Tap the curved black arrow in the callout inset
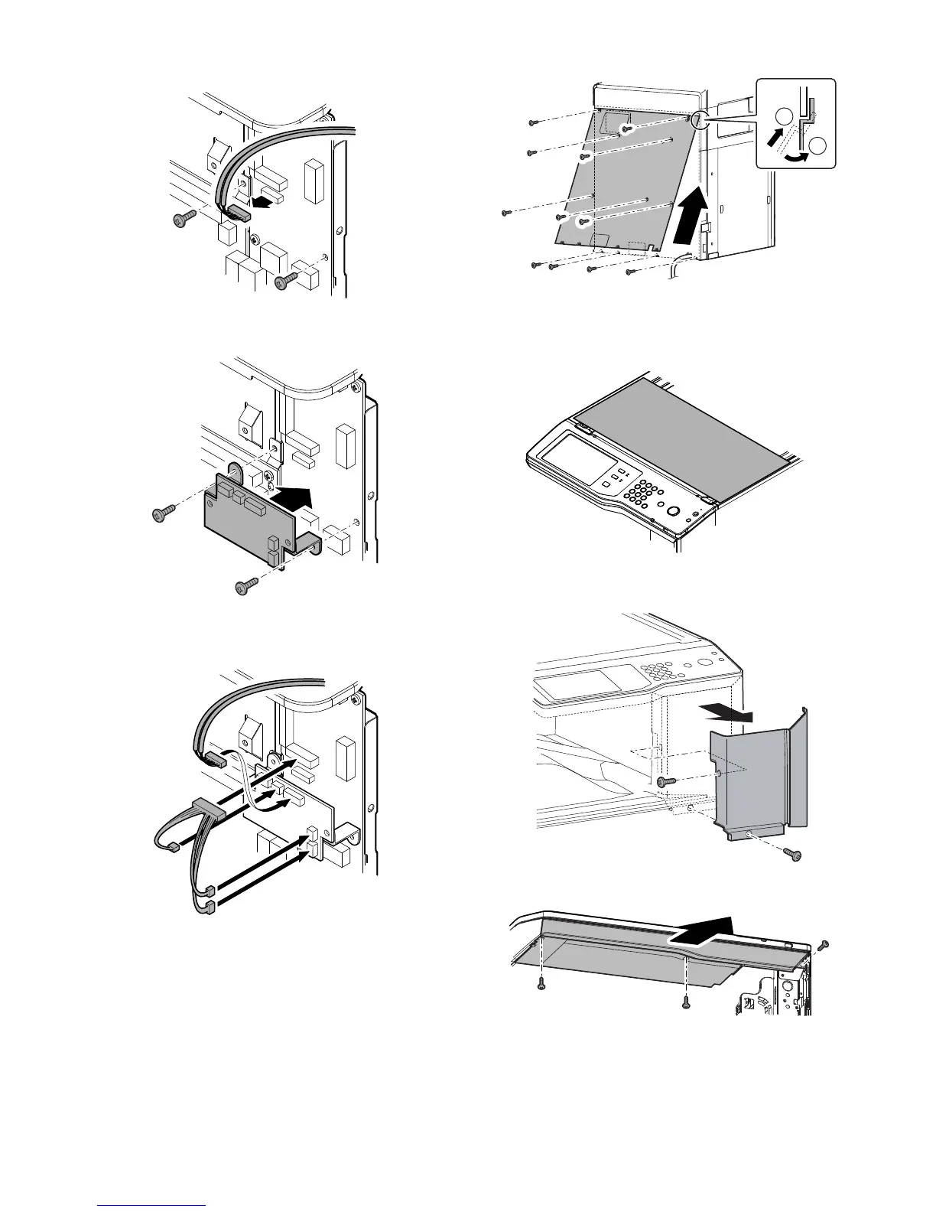point(795,155)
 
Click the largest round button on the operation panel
point(672,511)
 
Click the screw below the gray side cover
point(796,855)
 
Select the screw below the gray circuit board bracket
point(242,588)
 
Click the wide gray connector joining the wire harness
point(210,809)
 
